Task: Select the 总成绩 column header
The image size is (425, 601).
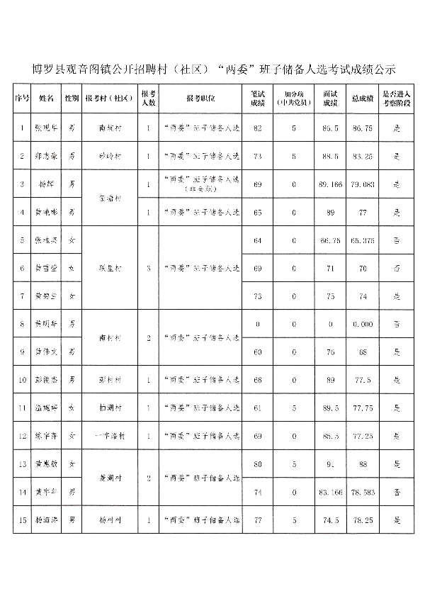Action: [x=362, y=99]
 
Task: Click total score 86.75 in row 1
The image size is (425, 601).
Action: [x=362, y=128]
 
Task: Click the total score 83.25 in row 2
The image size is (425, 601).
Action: [x=362, y=155]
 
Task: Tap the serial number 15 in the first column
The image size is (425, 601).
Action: [x=23, y=519]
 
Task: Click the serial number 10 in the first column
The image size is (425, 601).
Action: [x=23, y=379]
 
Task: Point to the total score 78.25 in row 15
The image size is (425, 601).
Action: [x=362, y=519]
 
